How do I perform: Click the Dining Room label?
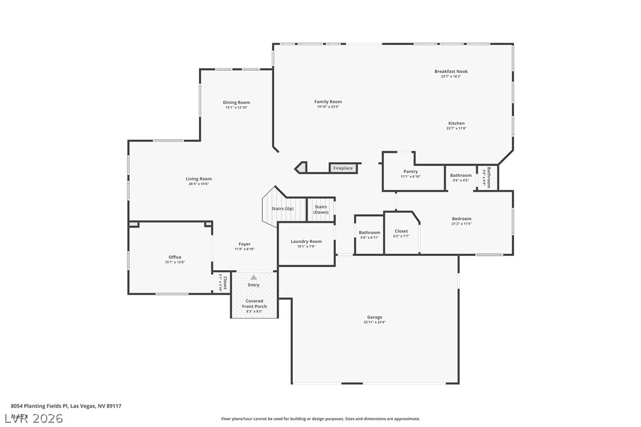[236, 103]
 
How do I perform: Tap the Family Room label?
[328, 102]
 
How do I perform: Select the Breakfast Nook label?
[451, 71]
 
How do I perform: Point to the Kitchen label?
[456, 123]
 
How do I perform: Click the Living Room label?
[198, 179]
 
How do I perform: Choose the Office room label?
[175, 257]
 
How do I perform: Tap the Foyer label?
[244, 244]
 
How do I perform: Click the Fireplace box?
[343, 168]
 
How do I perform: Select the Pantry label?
[410, 172]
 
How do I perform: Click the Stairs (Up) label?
[282, 209]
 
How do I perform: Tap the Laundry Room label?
[306, 241]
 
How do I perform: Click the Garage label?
[374, 317]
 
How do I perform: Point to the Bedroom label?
[462, 219]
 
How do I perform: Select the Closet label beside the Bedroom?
[401, 231]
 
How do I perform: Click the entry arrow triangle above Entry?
[254, 277]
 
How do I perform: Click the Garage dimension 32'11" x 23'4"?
[374, 323]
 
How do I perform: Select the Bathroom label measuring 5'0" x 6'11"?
[369, 232]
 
